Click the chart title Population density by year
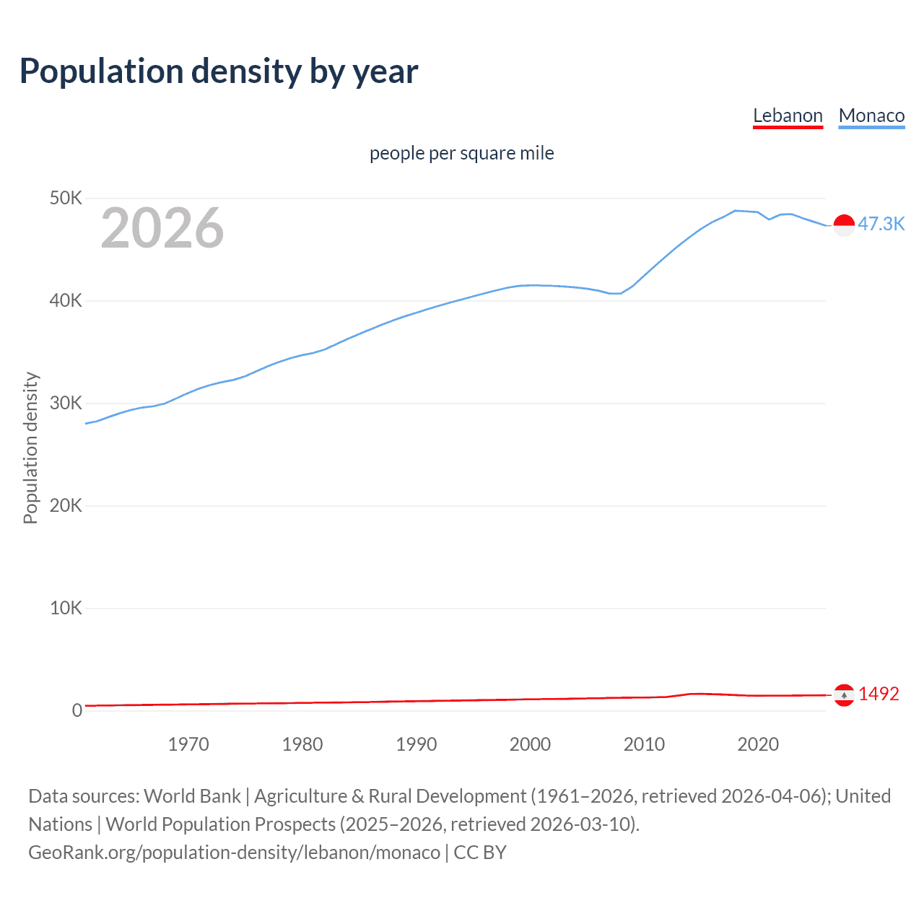(219, 71)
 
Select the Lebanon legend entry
(788, 115)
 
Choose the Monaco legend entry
(871, 115)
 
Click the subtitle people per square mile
(461, 153)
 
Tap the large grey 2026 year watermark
(162, 228)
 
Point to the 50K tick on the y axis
(66, 198)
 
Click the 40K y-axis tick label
(66, 300)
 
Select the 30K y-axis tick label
(66, 403)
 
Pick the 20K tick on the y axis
(66, 505)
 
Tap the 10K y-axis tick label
(66, 608)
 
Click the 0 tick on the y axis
(77, 710)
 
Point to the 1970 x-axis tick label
(188, 744)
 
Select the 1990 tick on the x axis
(417, 744)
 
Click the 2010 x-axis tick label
(644, 744)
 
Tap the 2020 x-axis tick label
(758, 744)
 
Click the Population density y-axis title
(30, 448)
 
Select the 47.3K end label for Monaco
(881, 224)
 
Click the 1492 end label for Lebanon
(879, 694)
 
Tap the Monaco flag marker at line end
(844, 225)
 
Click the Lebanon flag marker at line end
(844, 695)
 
